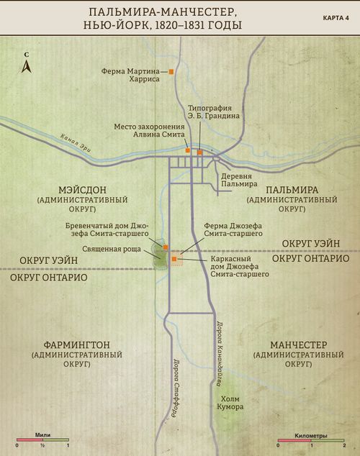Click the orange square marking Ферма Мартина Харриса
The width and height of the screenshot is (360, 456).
point(171,71)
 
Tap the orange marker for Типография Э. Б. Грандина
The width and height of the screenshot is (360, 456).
point(199,152)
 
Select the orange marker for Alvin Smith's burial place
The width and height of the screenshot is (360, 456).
point(188,151)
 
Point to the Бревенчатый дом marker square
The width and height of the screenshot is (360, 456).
point(166,246)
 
